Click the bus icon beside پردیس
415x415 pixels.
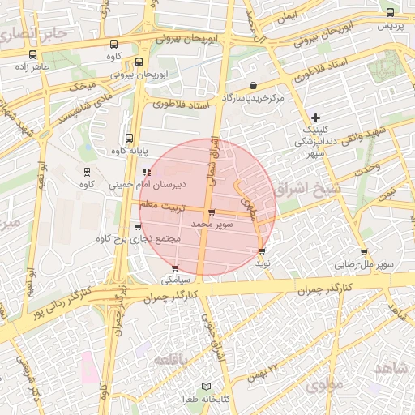tap(390, 12)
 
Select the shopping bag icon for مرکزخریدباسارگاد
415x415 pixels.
tap(254, 85)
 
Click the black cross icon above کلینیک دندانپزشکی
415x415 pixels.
tap(316, 118)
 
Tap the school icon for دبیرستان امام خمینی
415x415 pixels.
tap(147, 172)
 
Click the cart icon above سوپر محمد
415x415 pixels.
tap(212, 213)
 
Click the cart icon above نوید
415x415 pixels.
tap(261, 251)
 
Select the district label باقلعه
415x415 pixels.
tap(173, 359)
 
